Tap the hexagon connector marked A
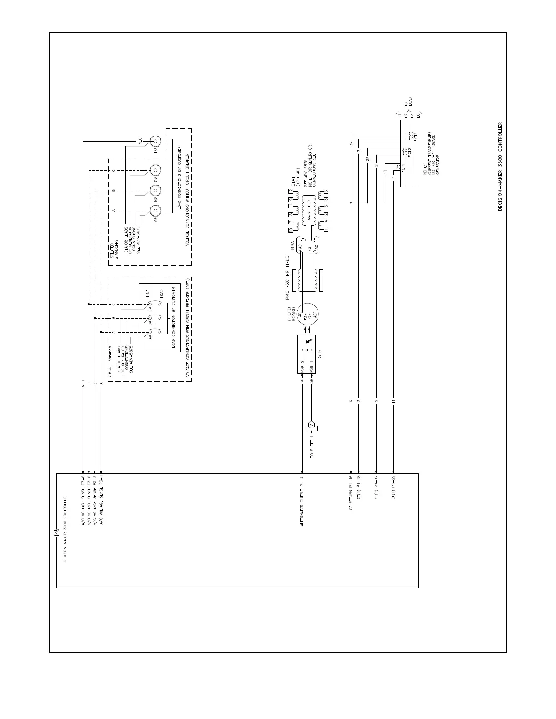[x=311, y=425]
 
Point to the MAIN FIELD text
[x=308, y=210]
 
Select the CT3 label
[x=415, y=136]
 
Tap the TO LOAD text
[x=408, y=103]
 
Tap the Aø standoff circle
[x=155, y=211]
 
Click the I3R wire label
[x=351, y=144]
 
